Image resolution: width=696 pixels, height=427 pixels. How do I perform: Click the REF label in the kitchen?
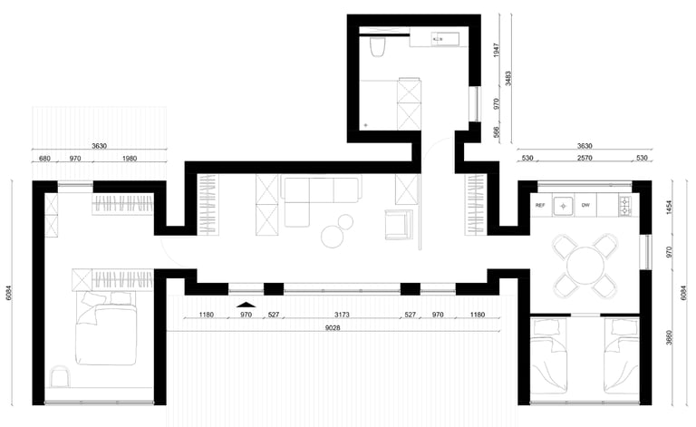click(x=540, y=206)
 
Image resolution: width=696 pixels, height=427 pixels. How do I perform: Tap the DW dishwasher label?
click(x=585, y=205)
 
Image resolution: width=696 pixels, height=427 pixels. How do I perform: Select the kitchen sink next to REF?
click(x=564, y=206)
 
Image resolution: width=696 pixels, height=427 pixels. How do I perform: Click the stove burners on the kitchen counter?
click(x=625, y=206)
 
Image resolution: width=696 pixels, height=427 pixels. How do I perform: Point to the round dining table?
click(x=585, y=266)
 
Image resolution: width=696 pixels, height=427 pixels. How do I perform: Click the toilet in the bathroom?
click(x=378, y=47)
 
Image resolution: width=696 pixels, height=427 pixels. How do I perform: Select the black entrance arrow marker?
click(x=246, y=305)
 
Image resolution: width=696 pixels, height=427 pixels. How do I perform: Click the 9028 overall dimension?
click(x=333, y=328)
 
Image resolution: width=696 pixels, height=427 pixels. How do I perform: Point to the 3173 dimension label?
click(x=342, y=315)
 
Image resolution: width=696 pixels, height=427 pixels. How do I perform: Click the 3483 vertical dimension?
click(x=507, y=79)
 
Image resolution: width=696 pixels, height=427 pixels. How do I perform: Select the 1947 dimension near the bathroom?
click(x=497, y=50)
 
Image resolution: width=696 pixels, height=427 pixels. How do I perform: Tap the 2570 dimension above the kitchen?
click(x=585, y=158)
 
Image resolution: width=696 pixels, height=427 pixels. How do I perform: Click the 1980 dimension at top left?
click(x=129, y=158)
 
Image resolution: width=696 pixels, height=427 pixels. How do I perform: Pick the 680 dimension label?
click(x=44, y=158)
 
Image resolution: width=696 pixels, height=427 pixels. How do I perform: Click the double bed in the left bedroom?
click(x=106, y=327)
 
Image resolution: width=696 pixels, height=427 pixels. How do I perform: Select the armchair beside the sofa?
click(x=399, y=224)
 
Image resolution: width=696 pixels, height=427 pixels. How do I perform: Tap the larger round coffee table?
click(x=333, y=237)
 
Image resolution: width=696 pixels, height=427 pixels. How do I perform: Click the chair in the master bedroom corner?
click(x=61, y=376)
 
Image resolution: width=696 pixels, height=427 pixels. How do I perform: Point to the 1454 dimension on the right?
click(x=670, y=208)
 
